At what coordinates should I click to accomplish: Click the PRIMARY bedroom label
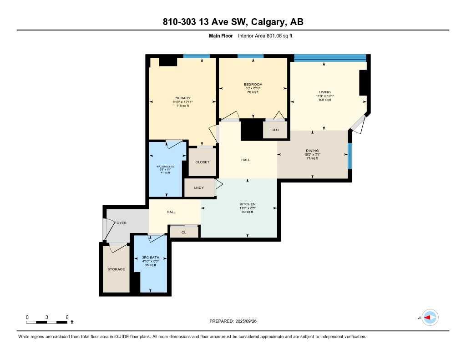pyautogui.click(x=182, y=98)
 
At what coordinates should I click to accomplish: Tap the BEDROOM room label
pyautogui.click(x=253, y=85)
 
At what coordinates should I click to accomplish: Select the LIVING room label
pyautogui.click(x=324, y=92)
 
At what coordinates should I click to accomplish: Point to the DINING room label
pyautogui.click(x=312, y=151)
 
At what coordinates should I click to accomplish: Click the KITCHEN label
pyautogui.click(x=248, y=204)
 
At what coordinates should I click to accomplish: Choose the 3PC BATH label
pyautogui.click(x=150, y=258)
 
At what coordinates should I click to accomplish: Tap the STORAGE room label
pyautogui.click(x=116, y=269)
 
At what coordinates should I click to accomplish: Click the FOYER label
pyautogui.click(x=120, y=223)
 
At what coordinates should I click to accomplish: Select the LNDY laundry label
pyautogui.click(x=199, y=188)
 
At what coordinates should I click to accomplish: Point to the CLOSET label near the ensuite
pyautogui.click(x=202, y=162)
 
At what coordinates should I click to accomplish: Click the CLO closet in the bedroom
pyautogui.click(x=275, y=130)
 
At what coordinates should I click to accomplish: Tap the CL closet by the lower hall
pyautogui.click(x=184, y=232)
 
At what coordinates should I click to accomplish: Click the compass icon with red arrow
pyautogui.click(x=430, y=318)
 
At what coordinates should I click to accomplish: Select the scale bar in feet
pyautogui.click(x=47, y=322)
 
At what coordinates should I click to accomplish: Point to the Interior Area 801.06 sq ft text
pyautogui.click(x=268, y=36)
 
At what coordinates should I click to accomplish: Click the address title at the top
pyautogui.click(x=233, y=22)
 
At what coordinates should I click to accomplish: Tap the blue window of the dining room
pyautogui.click(x=349, y=156)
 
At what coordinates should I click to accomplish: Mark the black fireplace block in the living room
pyautogui.click(x=363, y=82)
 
